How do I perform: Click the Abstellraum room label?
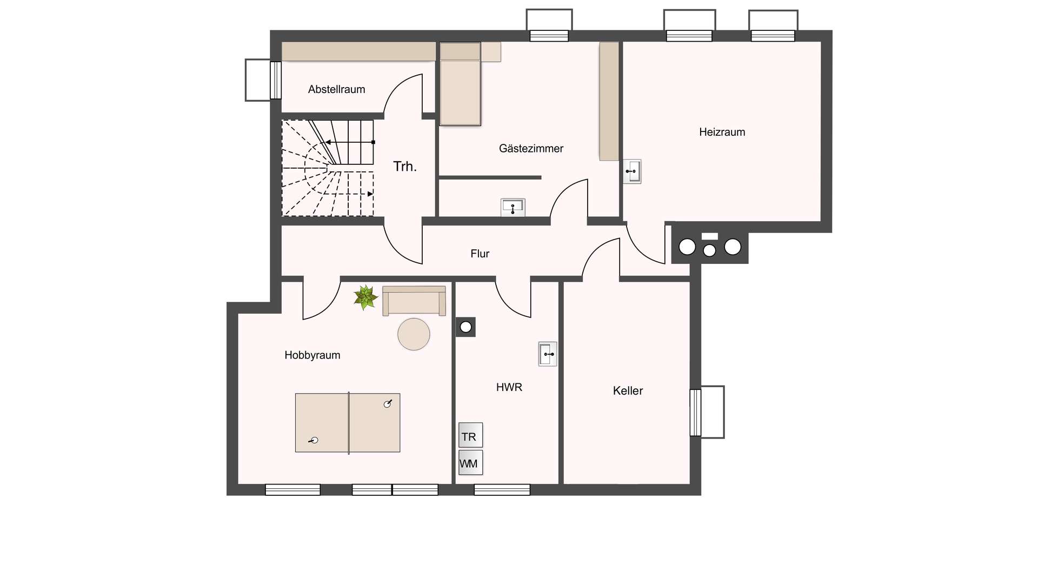click(336, 89)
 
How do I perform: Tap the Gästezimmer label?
click(531, 148)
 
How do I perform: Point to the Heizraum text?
click(722, 132)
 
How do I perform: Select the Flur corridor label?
click(480, 254)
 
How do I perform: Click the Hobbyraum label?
click(312, 355)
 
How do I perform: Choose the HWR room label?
click(509, 387)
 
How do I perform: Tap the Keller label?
click(628, 390)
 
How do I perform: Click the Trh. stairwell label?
click(405, 167)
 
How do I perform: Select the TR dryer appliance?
click(470, 435)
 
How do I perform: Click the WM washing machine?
click(470, 463)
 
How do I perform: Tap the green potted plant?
click(365, 297)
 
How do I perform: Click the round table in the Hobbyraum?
click(414, 334)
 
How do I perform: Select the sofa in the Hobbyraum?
click(414, 301)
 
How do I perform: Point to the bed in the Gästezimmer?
click(460, 84)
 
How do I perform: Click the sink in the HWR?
click(548, 354)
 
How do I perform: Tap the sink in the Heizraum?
click(632, 171)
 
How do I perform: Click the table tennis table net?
click(349, 423)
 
